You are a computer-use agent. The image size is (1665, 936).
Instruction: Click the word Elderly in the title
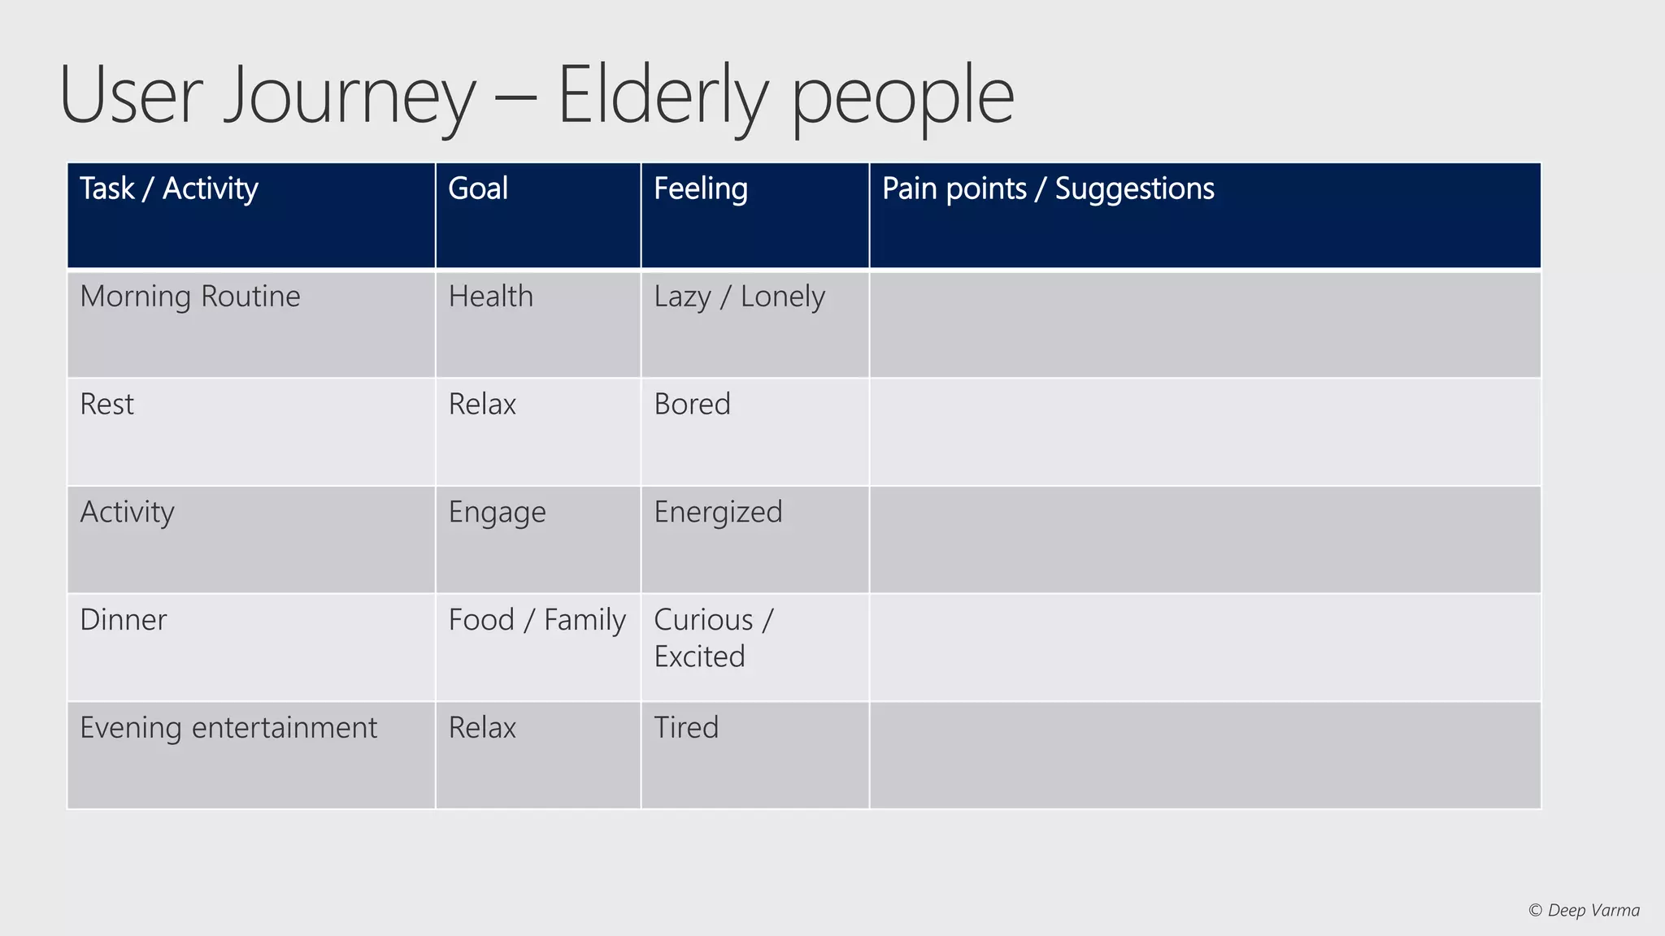(663, 96)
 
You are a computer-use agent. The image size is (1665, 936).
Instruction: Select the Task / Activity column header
(169, 188)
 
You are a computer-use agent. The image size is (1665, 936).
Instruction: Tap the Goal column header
(478, 188)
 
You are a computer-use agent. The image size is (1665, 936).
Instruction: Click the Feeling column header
(701, 188)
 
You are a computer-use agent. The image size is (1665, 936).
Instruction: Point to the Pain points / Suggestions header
(1048, 188)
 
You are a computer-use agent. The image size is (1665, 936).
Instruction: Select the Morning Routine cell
(190, 297)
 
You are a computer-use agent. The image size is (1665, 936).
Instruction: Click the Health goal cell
(491, 297)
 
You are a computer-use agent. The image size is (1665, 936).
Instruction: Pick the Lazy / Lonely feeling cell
(739, 297)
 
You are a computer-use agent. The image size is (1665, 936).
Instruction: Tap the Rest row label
(107, 405)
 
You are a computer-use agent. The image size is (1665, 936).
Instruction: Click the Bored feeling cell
(693, 405)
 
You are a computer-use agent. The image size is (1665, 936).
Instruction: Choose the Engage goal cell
(498, 513)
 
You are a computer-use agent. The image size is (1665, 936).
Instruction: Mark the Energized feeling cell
(718, 513)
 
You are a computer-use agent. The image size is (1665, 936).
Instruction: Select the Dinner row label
(124, 620)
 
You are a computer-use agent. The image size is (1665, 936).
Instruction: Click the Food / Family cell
(537, 620)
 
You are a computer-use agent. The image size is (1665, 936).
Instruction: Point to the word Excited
(699, 656)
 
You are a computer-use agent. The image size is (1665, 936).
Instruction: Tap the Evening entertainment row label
(228, 728)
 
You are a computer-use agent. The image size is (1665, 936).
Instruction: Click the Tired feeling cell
(687, 728)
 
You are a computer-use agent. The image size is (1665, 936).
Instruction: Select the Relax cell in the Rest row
(483, 405)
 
